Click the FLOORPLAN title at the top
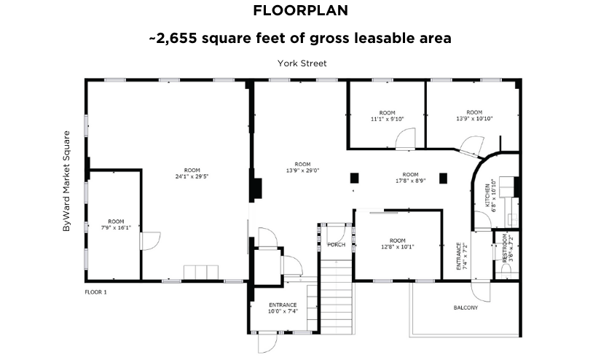pos(300,10)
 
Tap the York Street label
pos(302,63)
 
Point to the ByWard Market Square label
pos(67,181)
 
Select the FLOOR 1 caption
pos(96,292)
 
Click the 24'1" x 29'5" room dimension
pos(192,176)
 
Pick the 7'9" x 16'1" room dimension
pos(116,227)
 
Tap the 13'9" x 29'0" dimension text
pos(302,171)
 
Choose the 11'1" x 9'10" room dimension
pos(387,119)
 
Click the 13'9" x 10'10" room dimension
pos(474,119)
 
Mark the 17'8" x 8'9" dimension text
pos(411,181)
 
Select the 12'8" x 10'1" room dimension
pos(398,247)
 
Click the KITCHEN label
pos(487,195)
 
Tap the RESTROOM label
pos(504,248)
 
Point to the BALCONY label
pos(466,308)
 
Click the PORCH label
pos(336,245)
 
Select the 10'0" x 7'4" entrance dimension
pos(283,311)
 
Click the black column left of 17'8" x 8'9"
pos(354,179)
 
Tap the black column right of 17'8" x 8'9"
pos(443,179)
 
